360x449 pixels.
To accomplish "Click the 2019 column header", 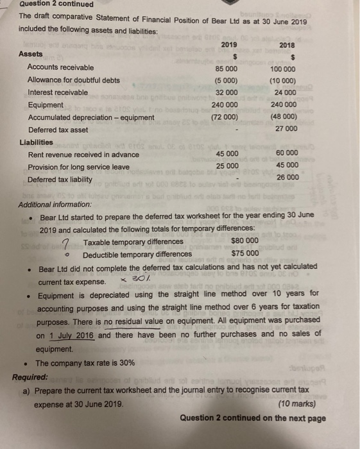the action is [x=229, y=44].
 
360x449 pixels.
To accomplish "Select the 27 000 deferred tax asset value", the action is [x=285, y=129].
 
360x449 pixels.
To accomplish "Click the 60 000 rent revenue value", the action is [x=286, y=154].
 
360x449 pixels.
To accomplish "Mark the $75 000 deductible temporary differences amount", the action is [x=244, y=253].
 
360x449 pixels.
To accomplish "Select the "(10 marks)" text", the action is [x=302, y=405].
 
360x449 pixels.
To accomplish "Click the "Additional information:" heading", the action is [x=56, y=204].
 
